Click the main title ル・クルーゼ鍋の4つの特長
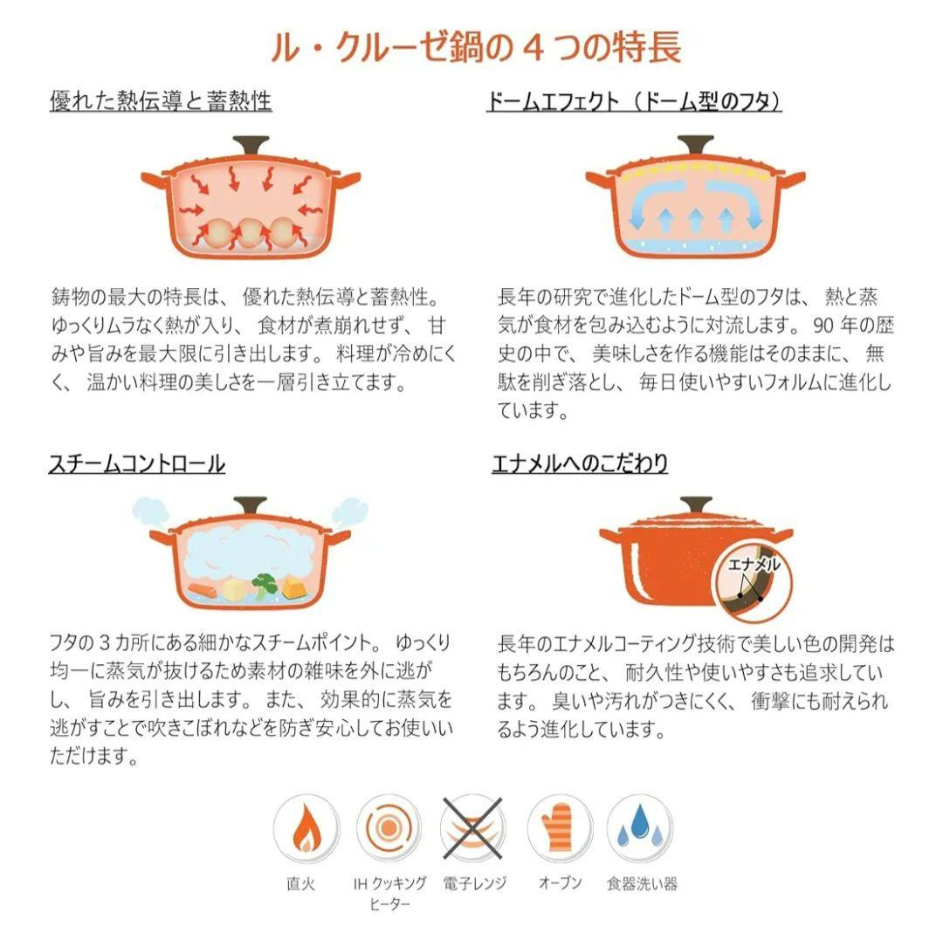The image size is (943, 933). pyautogui.click(x=471, y=45)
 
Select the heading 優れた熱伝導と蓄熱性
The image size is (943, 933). pyautogui.click(x=161, y=101)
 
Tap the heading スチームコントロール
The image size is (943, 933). pyautogui.click(x=137, y=463)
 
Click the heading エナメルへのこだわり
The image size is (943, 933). pyautogui.click(x=580, y=463)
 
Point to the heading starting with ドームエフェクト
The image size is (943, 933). pyautogui.click(x=633, y=101)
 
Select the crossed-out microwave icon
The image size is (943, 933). pyautogui.click(x=472, y=828)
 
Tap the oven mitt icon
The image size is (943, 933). pyautogui.click(x=559, y=828)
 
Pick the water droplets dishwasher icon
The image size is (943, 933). pyautogui.click(x=640, y=828)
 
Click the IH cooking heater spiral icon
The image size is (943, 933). pyautogui.click(x=388, y=828)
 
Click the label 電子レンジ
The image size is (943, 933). pyautogui.click(x=473, y=883)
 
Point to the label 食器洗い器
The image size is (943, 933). pyautogui.click(x=642, y=883)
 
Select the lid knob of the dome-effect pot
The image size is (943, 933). pyautogui.click(x=694, y=144)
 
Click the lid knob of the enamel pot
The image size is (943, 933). pyautogui.click(x=696, y=505)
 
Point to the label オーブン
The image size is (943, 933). pyautogui.click(x=560, y=883)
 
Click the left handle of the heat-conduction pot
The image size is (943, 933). pyautogui.click(x=153, y=180)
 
